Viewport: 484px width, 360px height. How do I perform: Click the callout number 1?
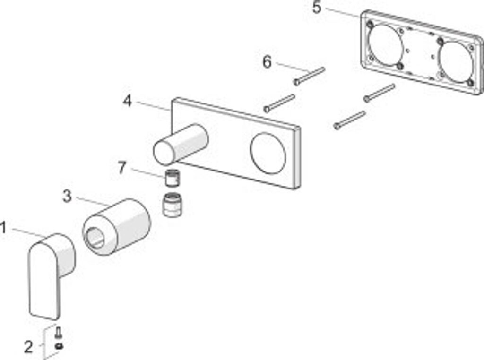(x=4, y=228)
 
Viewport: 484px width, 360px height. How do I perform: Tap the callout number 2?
(x=28, y=347)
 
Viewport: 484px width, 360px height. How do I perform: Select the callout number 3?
(x=67, y=196)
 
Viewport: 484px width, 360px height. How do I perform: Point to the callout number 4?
(x=127, y=101)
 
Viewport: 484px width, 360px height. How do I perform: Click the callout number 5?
(x=317, y=8)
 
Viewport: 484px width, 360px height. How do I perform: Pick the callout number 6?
(x=268, y=62)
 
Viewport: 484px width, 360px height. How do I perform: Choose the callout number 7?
(x=122, y=167)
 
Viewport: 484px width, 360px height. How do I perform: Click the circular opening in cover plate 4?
(x=268, y=153)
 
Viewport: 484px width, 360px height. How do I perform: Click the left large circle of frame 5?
(x=386, y=45)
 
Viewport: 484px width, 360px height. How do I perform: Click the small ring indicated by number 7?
(x=173, y=179)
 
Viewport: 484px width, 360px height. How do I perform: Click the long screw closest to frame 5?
(x=379, y=93)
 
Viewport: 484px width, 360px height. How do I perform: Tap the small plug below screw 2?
(x=59, y=346)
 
